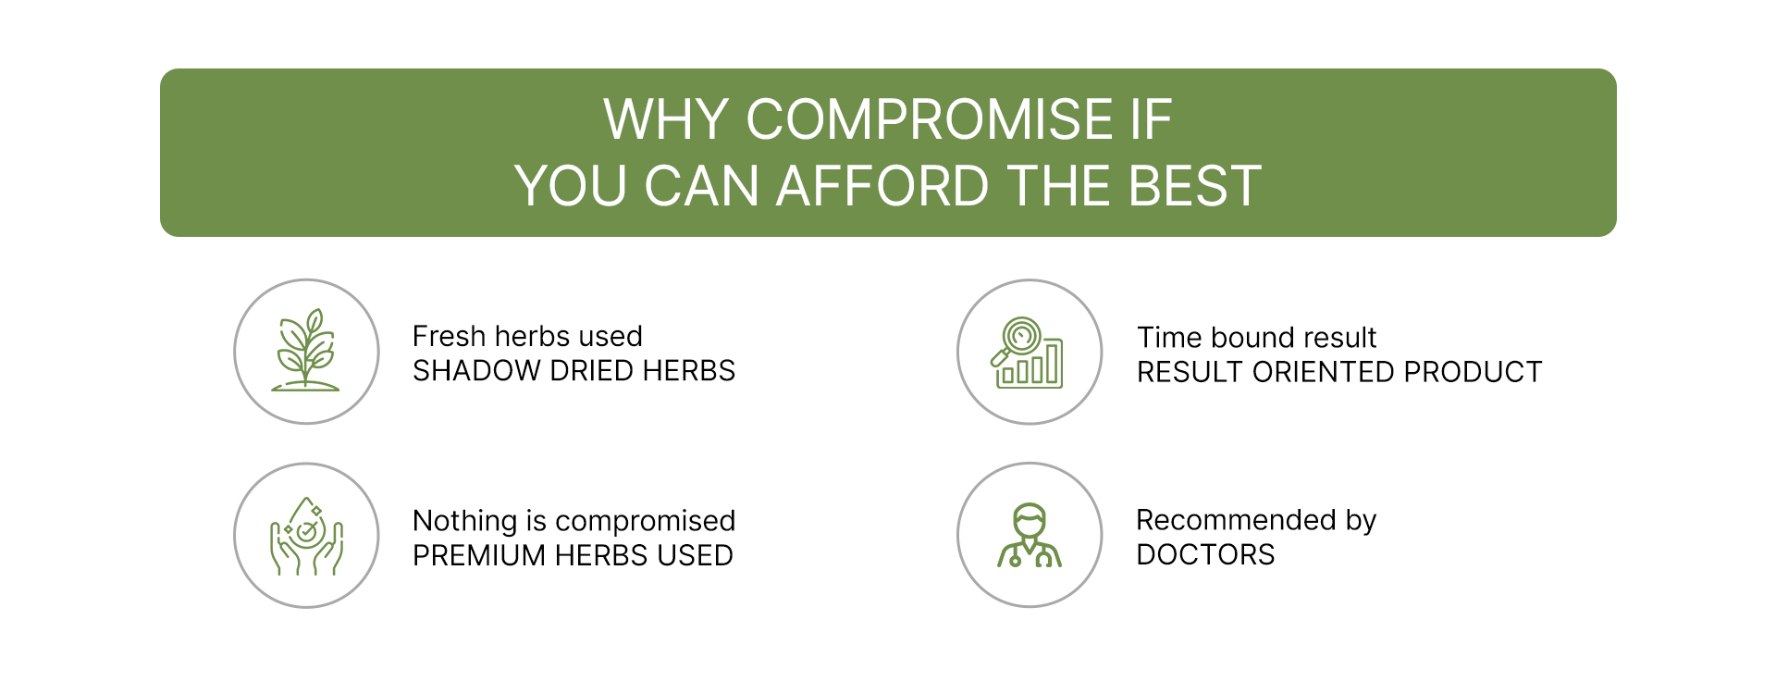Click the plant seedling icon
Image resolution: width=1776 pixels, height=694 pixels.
pyautogui.click(x=306, y=351)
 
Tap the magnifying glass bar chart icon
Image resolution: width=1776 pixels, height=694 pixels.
pyautogui.click(x=1028, y=353)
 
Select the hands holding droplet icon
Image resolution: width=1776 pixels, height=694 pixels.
pyautogui.click(x=306, y=536)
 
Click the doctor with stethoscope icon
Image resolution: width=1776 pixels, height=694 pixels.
pyautogui.click(x=1030, y=535)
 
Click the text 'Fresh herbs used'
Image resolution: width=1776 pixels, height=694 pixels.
pyautogui.click(x=527, y=336)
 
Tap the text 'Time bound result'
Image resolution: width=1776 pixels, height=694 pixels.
pyautogui.click(x=1256, y=338)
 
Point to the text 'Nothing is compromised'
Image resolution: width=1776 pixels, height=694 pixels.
pyautogui.click(x=573, y=522)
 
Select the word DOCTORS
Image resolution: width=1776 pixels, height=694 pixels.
pyautogui.click(x=1205, y=554)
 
